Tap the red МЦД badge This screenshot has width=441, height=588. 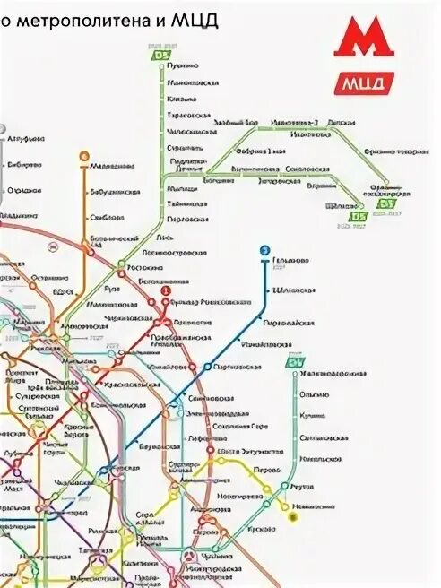tap(363, 83)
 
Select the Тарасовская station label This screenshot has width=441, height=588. tap(188, 116)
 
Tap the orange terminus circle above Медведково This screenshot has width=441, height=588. tap(83, 155)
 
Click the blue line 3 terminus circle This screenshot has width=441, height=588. tap(264, 250)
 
